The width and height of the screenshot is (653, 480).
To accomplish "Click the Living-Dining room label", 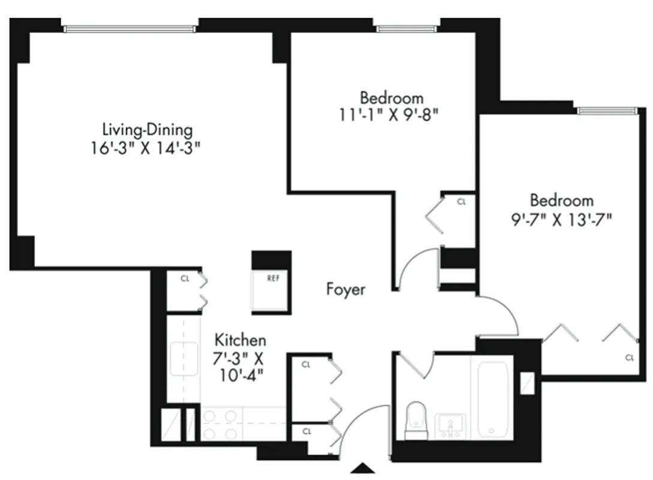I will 147,130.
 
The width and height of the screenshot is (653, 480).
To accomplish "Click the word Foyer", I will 346,289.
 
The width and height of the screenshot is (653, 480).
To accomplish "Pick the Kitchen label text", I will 240,340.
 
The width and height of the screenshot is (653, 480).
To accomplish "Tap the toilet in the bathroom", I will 416,419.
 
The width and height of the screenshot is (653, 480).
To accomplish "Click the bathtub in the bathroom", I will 494,396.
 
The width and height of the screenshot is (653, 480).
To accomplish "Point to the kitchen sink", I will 184,360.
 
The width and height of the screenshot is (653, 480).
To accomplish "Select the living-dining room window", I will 130,27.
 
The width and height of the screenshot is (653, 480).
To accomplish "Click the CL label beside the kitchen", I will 185,278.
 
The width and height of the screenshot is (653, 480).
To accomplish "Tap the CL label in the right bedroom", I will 629,358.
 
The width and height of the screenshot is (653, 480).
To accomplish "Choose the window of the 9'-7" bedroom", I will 606,110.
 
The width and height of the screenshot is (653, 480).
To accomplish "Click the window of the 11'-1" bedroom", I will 406,28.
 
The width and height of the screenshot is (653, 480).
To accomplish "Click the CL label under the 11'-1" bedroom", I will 461,202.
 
